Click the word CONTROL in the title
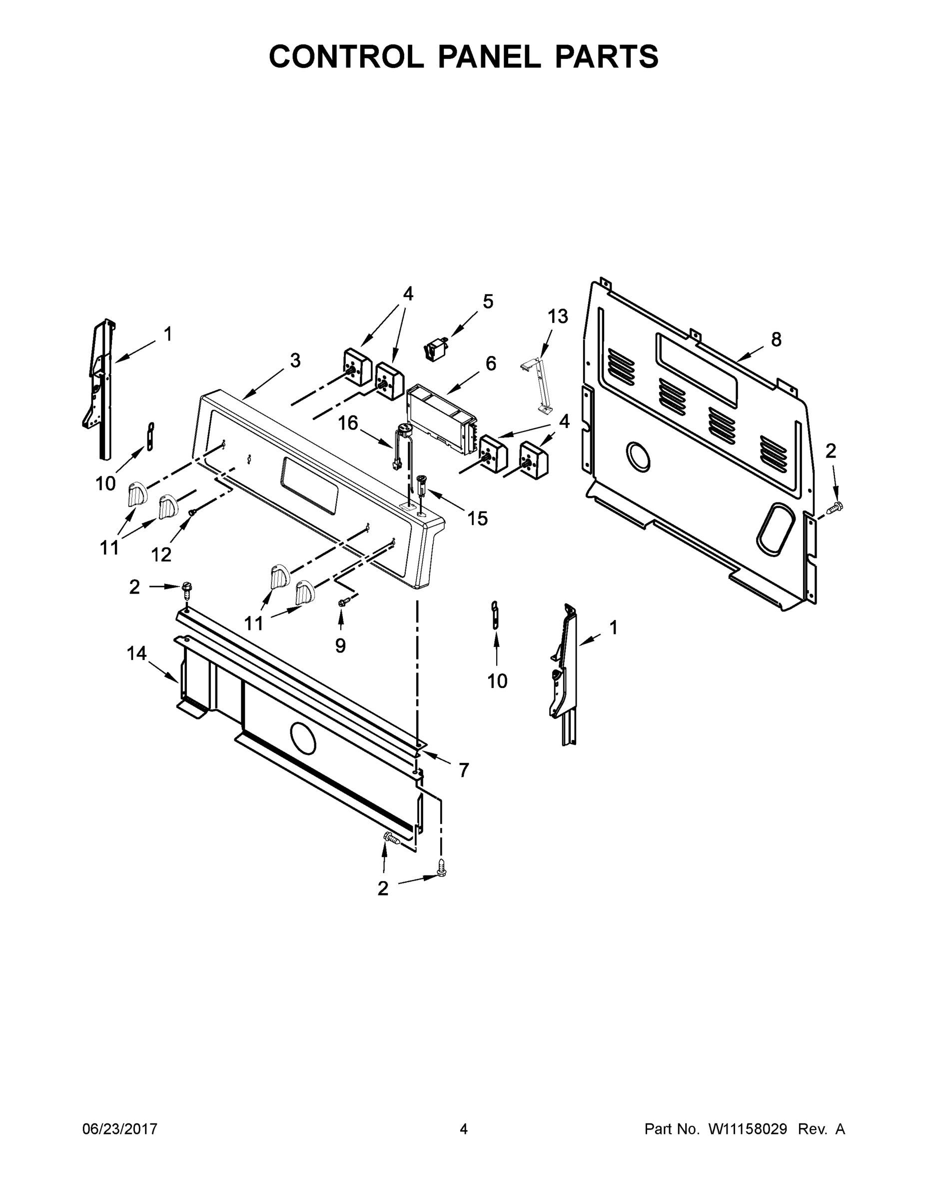[346, 56]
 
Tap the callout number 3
[295, 361]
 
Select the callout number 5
[488, 301]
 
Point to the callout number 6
[490, 363]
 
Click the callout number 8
[776, 339]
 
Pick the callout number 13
[557, 316]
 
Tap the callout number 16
[348, 423]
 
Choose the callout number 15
[477, 518]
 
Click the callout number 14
[137, 653]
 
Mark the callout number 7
[464, 770]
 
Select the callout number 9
[340, 645]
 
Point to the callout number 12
[161, 555]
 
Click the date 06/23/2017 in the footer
[120, 1129]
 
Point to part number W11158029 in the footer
[748, 1129]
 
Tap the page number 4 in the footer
[464, 1129]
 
